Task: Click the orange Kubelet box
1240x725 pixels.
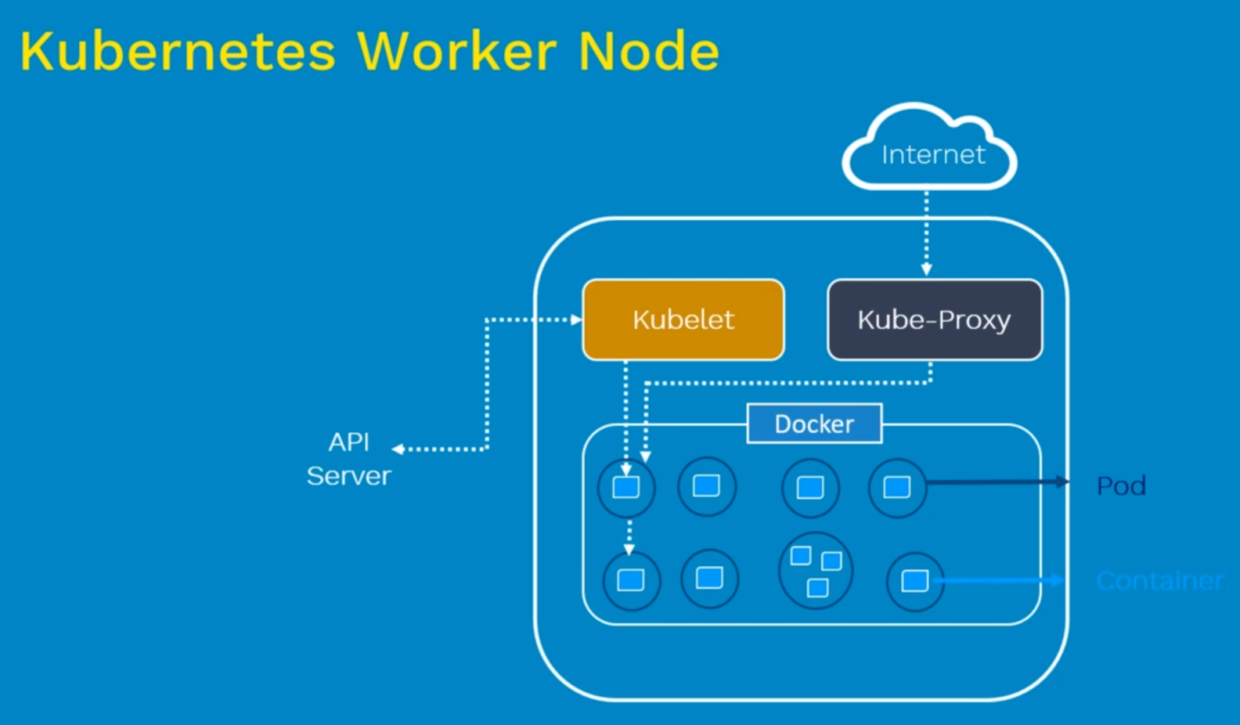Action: point(683,319)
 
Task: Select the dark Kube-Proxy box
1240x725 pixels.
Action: point(935,319)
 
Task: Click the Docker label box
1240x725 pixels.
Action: point(814,424)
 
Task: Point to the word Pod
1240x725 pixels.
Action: point(1121,486)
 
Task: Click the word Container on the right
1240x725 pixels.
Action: point(1159,581)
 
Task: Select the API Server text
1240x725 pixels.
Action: point(349,459)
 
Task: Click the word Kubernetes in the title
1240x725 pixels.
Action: point(178,52)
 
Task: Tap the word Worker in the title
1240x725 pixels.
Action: point(457,52)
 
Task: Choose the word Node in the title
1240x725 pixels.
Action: point(649,52)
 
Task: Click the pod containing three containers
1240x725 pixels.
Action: point(816,571)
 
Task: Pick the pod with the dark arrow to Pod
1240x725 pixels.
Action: point(897,487)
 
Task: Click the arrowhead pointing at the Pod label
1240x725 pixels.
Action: point(1063,482)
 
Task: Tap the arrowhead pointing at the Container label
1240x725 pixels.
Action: point(1058,580)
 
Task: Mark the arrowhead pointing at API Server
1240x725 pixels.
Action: point(398,449)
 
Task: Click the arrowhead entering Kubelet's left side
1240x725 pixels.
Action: point(577,319)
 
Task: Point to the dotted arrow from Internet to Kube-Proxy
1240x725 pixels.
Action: point(927,231)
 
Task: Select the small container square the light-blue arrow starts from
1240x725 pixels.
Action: point(914,581)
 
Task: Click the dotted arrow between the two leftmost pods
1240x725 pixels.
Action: point(629,536)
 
